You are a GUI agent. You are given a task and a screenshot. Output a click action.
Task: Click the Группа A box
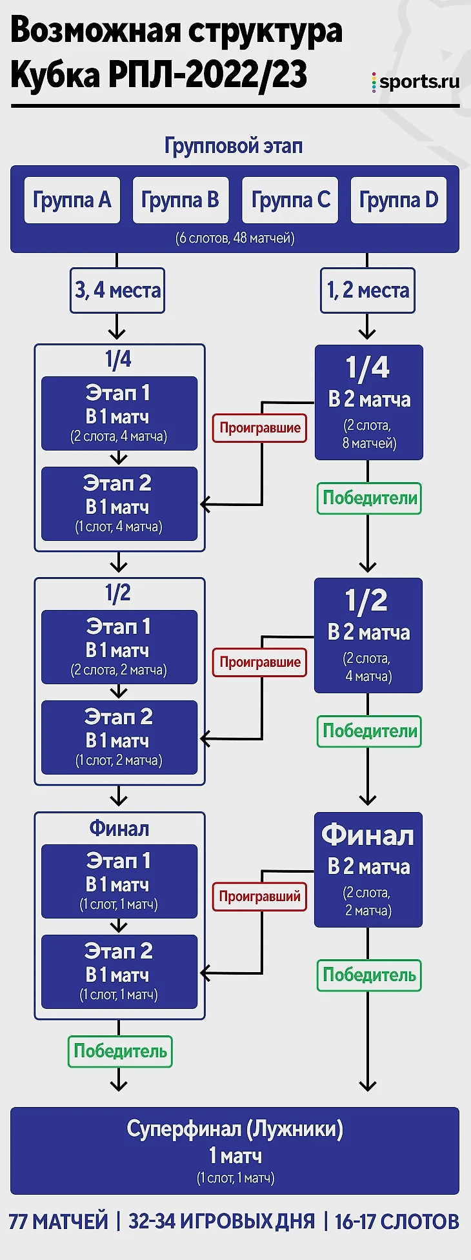click(72, 200)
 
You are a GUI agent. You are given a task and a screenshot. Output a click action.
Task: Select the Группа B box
click(181, 200)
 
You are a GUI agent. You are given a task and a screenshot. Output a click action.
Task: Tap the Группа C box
click(290, 200)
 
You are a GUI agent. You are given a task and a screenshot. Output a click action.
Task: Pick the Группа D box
click(398, 200)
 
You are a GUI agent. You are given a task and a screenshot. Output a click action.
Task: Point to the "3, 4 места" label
click(117, 290)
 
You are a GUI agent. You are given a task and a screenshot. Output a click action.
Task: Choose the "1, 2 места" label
click(368, 290)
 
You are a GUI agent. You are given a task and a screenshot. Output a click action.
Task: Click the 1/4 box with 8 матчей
click(368, 402)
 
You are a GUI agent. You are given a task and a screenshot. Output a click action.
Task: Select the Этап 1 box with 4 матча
click(119, 413)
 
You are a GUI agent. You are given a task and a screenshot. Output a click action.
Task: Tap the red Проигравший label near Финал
click(259, 896)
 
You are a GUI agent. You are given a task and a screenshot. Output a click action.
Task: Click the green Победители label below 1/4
click(369, 498)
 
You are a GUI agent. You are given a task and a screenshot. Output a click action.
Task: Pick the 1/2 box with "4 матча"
click(368, 635)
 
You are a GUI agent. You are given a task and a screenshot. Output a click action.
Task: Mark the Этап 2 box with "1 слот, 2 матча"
click(119, 737)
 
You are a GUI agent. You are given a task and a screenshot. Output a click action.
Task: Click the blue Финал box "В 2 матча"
click(368, 869)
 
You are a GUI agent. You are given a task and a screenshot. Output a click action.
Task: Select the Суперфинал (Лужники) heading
click(235, 1129)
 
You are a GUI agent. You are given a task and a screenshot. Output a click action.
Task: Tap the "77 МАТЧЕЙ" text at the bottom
click(59, 1222)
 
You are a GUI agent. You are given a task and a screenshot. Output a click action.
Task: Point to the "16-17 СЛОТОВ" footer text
click(397, 1222)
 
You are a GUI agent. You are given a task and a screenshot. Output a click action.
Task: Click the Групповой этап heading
click(234, 146)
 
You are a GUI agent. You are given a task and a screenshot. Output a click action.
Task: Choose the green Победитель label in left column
click(120, 1052)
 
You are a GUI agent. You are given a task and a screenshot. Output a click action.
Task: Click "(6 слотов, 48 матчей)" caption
click(235, 238)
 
